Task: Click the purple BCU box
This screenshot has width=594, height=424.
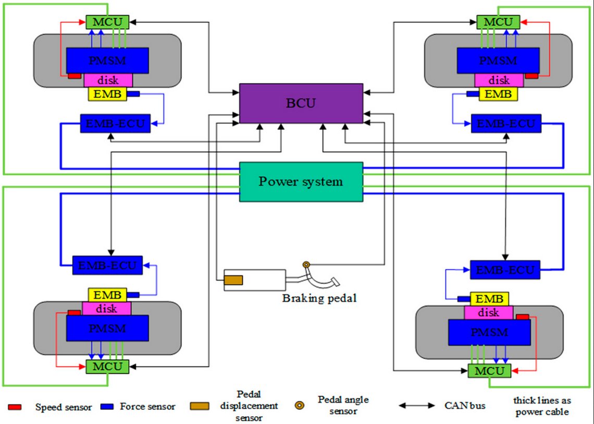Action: pos(301,103)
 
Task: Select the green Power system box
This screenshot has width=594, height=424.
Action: pos(301,181)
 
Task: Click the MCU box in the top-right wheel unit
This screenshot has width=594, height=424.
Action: pos(498,22)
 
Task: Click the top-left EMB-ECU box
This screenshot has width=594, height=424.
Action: pos(115,124)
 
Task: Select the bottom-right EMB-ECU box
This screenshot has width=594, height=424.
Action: pos(505,270)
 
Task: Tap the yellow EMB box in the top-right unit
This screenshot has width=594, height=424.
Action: pos(498,94)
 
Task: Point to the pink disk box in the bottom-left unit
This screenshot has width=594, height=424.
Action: pos(107,309)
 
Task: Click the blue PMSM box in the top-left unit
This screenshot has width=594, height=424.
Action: pos(107,60)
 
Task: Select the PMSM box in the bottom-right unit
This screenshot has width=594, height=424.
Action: pos(489,332)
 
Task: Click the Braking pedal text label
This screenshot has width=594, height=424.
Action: pos(319,299)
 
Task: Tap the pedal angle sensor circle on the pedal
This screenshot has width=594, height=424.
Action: pos(306,265)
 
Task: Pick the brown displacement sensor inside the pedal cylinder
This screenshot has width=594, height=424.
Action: pos(233,280)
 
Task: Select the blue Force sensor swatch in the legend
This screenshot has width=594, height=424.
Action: pos(107,406)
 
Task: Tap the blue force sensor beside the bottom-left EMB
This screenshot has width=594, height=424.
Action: pos(133,295)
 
